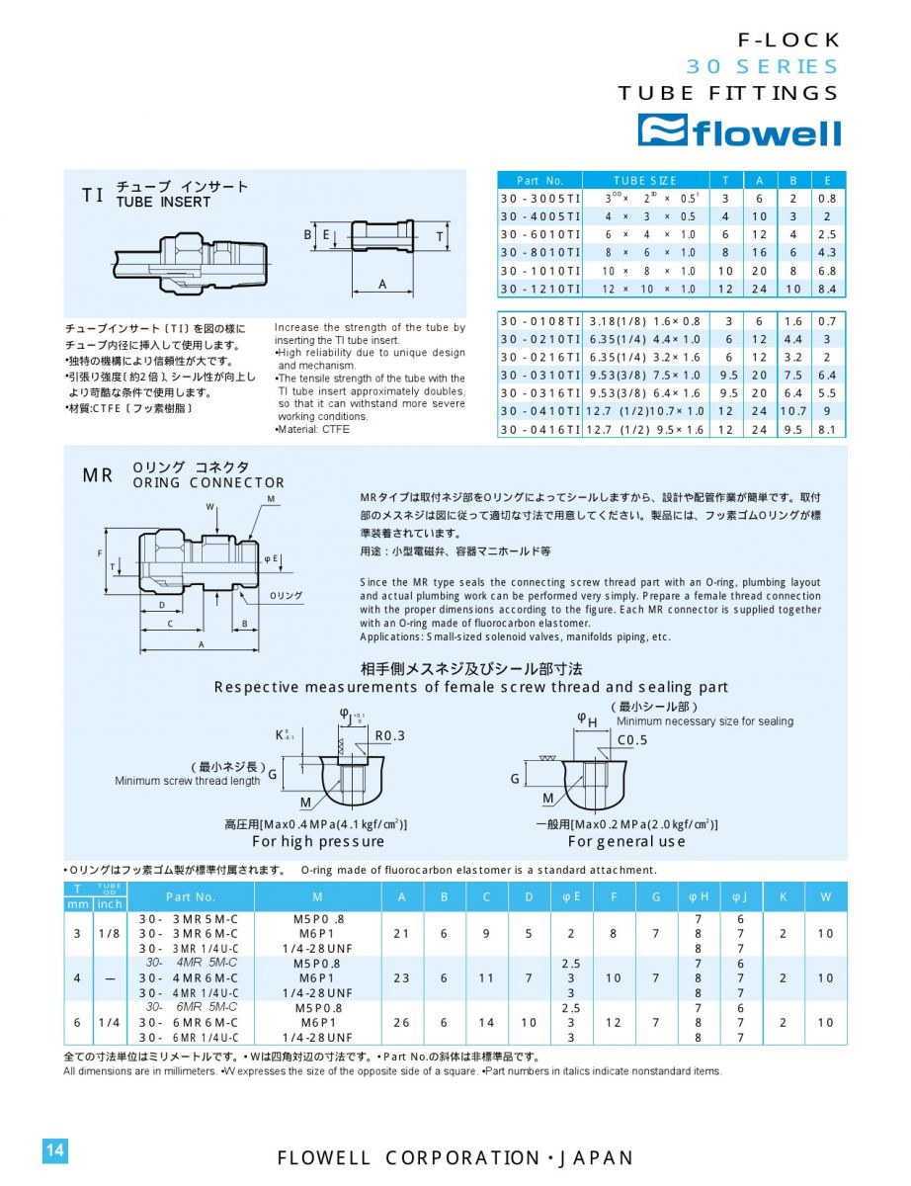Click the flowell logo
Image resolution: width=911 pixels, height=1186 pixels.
pos(739,130)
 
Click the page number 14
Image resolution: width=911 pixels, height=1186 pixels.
pos(54,1150)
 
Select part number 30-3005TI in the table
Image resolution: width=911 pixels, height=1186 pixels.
pos(539,198)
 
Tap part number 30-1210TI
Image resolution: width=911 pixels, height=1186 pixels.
pos(539,289)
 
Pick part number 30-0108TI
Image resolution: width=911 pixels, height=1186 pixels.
pos(539,321)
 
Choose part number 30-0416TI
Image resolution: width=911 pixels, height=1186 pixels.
pos(539,430)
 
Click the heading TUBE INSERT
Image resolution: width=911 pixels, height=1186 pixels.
pos(163,202)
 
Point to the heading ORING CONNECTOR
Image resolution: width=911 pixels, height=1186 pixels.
pos(208,483)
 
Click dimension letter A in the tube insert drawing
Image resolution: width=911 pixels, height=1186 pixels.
pos(381,284)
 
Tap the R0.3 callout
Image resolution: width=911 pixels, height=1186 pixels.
pos(389,735)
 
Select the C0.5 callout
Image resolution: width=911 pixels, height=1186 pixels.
pos(632,740)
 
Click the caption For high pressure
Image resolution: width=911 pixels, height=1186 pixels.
pos(318,842)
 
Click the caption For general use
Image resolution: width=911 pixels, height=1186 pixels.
pos(626,842)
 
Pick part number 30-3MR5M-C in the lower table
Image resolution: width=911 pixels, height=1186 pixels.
pos(189,918)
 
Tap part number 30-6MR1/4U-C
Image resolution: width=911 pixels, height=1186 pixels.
pos(189,1038)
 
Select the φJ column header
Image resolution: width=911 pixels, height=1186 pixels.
pos(739,896)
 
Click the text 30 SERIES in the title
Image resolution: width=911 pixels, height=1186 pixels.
pos(762,67)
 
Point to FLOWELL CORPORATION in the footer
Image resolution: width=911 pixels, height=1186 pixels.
pos(407,1158)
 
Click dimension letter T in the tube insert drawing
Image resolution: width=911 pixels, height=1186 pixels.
pos(439,237)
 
